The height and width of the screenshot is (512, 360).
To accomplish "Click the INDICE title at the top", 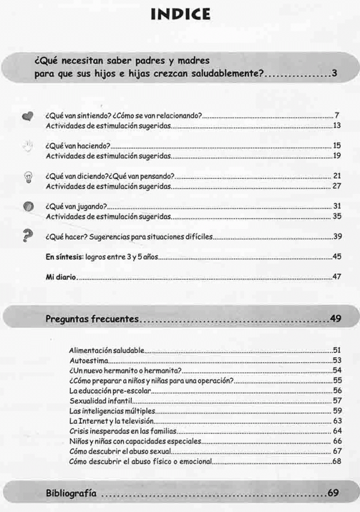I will click(x=180, y=13).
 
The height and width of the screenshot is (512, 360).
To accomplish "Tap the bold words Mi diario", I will click(x=61, y=277).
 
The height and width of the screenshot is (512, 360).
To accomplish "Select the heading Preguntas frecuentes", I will click(x=92, y=318).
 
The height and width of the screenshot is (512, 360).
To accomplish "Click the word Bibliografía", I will click(x=71, y=493).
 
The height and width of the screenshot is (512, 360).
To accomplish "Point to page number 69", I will click(x=334, y=493).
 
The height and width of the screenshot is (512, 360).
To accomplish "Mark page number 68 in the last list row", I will click(x=337, y=461).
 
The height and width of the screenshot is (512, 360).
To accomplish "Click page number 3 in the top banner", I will click(x=335, y=74).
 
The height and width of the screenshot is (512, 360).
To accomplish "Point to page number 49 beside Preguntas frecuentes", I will click(x=335, y=318).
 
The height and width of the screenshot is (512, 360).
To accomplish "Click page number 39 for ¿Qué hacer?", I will click(x=337, y=236).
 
